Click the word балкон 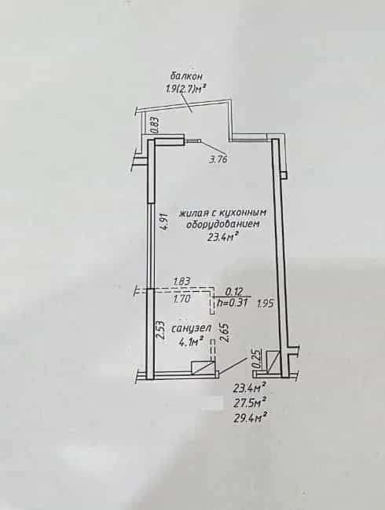186,76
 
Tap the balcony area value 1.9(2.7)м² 185,88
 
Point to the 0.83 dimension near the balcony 156,126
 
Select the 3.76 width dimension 218,159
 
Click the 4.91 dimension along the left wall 165,222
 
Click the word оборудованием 222,225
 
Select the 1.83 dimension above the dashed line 181,281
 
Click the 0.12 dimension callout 233,291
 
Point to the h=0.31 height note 233,303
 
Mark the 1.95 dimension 265,304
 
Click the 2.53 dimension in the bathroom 160,330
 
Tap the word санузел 192,328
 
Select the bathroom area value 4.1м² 192,341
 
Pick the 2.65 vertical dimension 225,333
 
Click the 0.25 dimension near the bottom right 257,359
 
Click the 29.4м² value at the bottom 250,416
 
